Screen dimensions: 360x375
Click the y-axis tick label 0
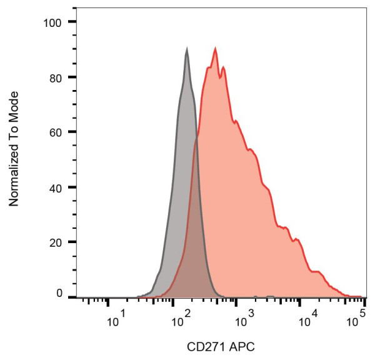60,293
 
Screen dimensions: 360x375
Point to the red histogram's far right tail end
361,296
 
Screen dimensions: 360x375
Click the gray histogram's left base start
139,296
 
